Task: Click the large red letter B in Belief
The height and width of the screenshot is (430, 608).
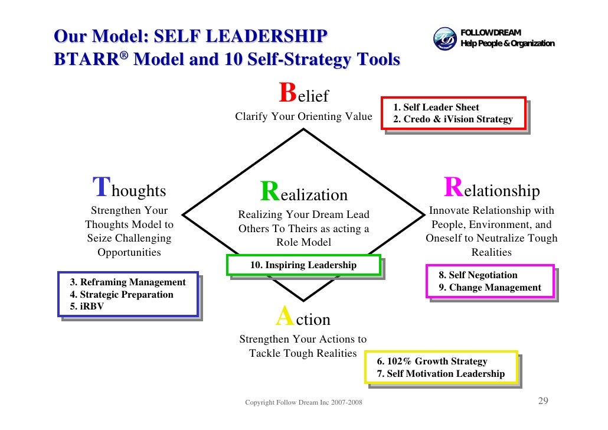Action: pyautogui.click(x=287, y=93)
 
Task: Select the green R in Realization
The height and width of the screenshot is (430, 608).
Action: pyautogui.click(x=270, y=191)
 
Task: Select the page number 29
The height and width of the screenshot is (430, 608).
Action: pyautogui.click(x=543, y=402)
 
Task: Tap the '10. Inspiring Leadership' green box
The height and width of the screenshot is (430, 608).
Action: pyautogui.click(x=303, y=265)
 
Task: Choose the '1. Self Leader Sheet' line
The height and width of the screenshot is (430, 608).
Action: pyautogui.click(x=436, y=107)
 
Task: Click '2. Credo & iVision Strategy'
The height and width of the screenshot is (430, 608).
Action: pyautogui.click(x=453, y=119)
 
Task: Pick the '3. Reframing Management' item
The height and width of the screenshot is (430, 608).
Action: pyautogui.click(x=128, y=282)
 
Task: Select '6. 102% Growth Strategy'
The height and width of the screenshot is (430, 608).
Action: pyautogui.click(x=433, y=361)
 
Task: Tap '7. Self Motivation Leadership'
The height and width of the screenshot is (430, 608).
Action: pyautogui.click(x=441, y=373)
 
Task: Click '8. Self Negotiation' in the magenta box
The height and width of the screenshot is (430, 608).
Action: pyautogui.click(x=478, y=275)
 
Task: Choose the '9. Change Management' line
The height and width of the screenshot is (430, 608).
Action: pyautogui.click(x=489, y=288)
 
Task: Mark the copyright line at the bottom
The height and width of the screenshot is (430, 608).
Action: pyautogui.click(x=304, y=403)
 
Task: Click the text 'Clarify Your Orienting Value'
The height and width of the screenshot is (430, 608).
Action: pyautogui.click(x=303, y=117)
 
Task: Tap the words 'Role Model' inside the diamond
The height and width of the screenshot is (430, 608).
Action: pyautogui.click(x=303, y=242)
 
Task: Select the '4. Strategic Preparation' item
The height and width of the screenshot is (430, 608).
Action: pyautogui.click(x=122, y=294)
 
